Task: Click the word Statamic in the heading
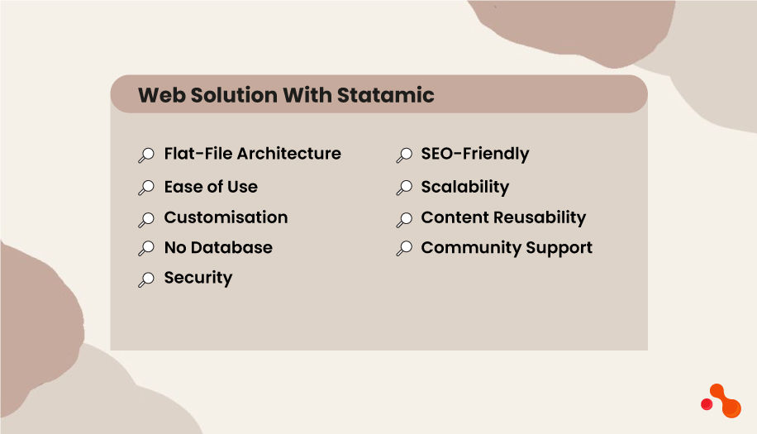tap(385, 94)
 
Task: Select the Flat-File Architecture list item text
tap(252, 154)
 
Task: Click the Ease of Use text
tap(211, 187)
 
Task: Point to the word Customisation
tap(226, 217)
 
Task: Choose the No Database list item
tap(218, 247)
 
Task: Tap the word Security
tap(198, 278)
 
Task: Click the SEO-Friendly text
tap(475, 154)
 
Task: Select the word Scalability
tap(465, 187)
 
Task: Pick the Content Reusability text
tap(503, 217)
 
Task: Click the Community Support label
tap(507, 247)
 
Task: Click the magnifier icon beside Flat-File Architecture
tap(146, 155)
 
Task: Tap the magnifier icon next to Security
tap(146, 279)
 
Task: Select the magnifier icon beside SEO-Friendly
tap(404, 155)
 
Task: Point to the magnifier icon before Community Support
tap(404, 249)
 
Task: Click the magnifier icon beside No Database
tap(146, 249)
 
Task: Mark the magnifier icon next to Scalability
tap(404, 188)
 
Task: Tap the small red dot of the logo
tap(707, 404)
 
